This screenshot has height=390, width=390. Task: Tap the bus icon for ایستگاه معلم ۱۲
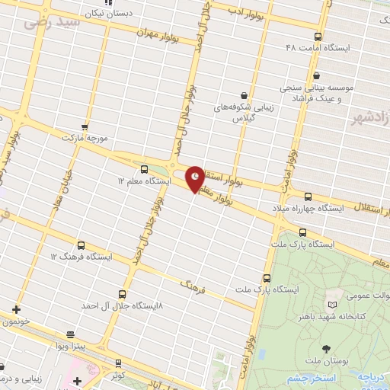(144, 168)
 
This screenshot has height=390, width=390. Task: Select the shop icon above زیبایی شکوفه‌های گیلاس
(243, 96)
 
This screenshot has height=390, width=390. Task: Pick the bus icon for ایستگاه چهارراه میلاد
(308, 196)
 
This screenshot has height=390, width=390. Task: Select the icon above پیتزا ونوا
(70, 334)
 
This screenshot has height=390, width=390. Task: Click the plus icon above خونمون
(16, 309)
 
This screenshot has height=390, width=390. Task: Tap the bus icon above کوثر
(117, 363)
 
